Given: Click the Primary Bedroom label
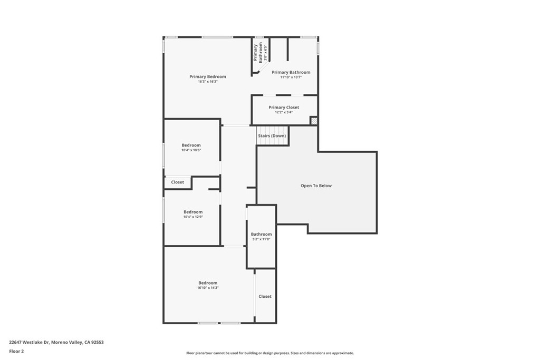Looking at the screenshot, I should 208,77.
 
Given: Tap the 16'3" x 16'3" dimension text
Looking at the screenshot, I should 208,82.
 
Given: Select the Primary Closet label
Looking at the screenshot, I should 284,108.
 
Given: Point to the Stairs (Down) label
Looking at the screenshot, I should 272,136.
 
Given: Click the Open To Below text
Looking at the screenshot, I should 316,186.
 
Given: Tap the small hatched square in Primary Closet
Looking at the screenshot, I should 314,121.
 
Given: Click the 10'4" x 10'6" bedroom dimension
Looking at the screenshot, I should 191,150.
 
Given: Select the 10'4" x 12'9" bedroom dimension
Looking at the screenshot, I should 193,217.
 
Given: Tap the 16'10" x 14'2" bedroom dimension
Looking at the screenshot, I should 208,288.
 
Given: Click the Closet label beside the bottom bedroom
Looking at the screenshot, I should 265,296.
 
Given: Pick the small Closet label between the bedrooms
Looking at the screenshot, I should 178,182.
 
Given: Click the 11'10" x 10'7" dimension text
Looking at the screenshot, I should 291,77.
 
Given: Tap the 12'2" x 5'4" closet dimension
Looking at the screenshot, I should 284,112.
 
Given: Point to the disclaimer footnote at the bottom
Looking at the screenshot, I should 270,353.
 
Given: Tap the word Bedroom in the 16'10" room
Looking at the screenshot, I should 208,283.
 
